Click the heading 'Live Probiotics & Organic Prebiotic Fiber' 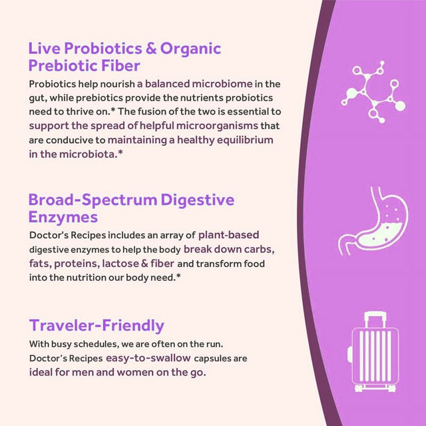tap(124, 57)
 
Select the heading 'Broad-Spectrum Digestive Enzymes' tap(131, 208)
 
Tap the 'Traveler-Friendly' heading tap(97, 325)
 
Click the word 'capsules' tap(214, 358)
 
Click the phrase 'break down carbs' tap(228, 250)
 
